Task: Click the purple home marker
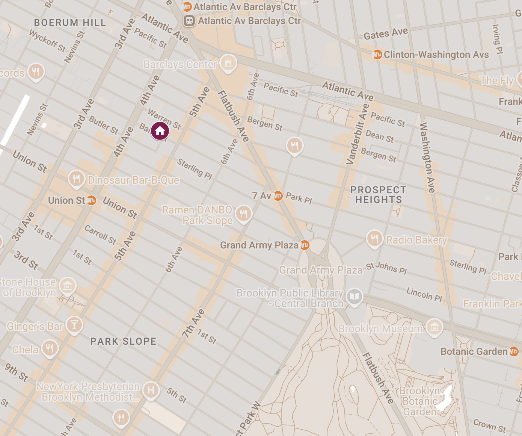pos(160,131)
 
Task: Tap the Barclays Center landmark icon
pos(228,63)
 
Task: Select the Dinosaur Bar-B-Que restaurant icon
pos(76,178)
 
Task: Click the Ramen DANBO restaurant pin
pos(244,214)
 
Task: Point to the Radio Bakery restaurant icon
pos(374,238)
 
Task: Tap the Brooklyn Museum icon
pos(434,327)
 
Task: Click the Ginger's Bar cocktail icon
pos(74,324)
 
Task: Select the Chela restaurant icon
pos(50,348)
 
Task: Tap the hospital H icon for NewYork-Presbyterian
pos(151,390)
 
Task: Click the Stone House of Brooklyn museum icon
pos(68,286)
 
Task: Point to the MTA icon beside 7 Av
pos(278,196)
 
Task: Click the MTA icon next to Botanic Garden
pos(514,352)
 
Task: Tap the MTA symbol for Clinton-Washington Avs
pos(377,54)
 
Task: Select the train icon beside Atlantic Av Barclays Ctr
pos(189,21)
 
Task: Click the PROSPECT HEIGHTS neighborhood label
pos(378,195)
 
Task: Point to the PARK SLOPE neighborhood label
pos(123,341)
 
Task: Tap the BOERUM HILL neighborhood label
pos(70,23)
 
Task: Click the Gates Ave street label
pos(386,34)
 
